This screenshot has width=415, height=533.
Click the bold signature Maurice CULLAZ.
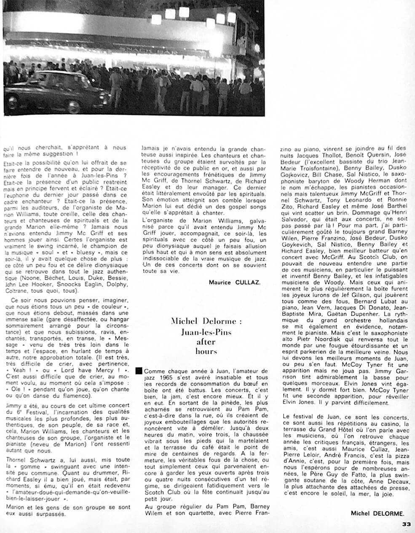click(x=235, y=282)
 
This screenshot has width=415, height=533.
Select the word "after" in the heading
click(x=206, y=342)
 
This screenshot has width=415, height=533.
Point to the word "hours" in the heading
click(x=206, y=351)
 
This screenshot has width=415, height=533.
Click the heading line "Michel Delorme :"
click(x=206, y=322)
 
